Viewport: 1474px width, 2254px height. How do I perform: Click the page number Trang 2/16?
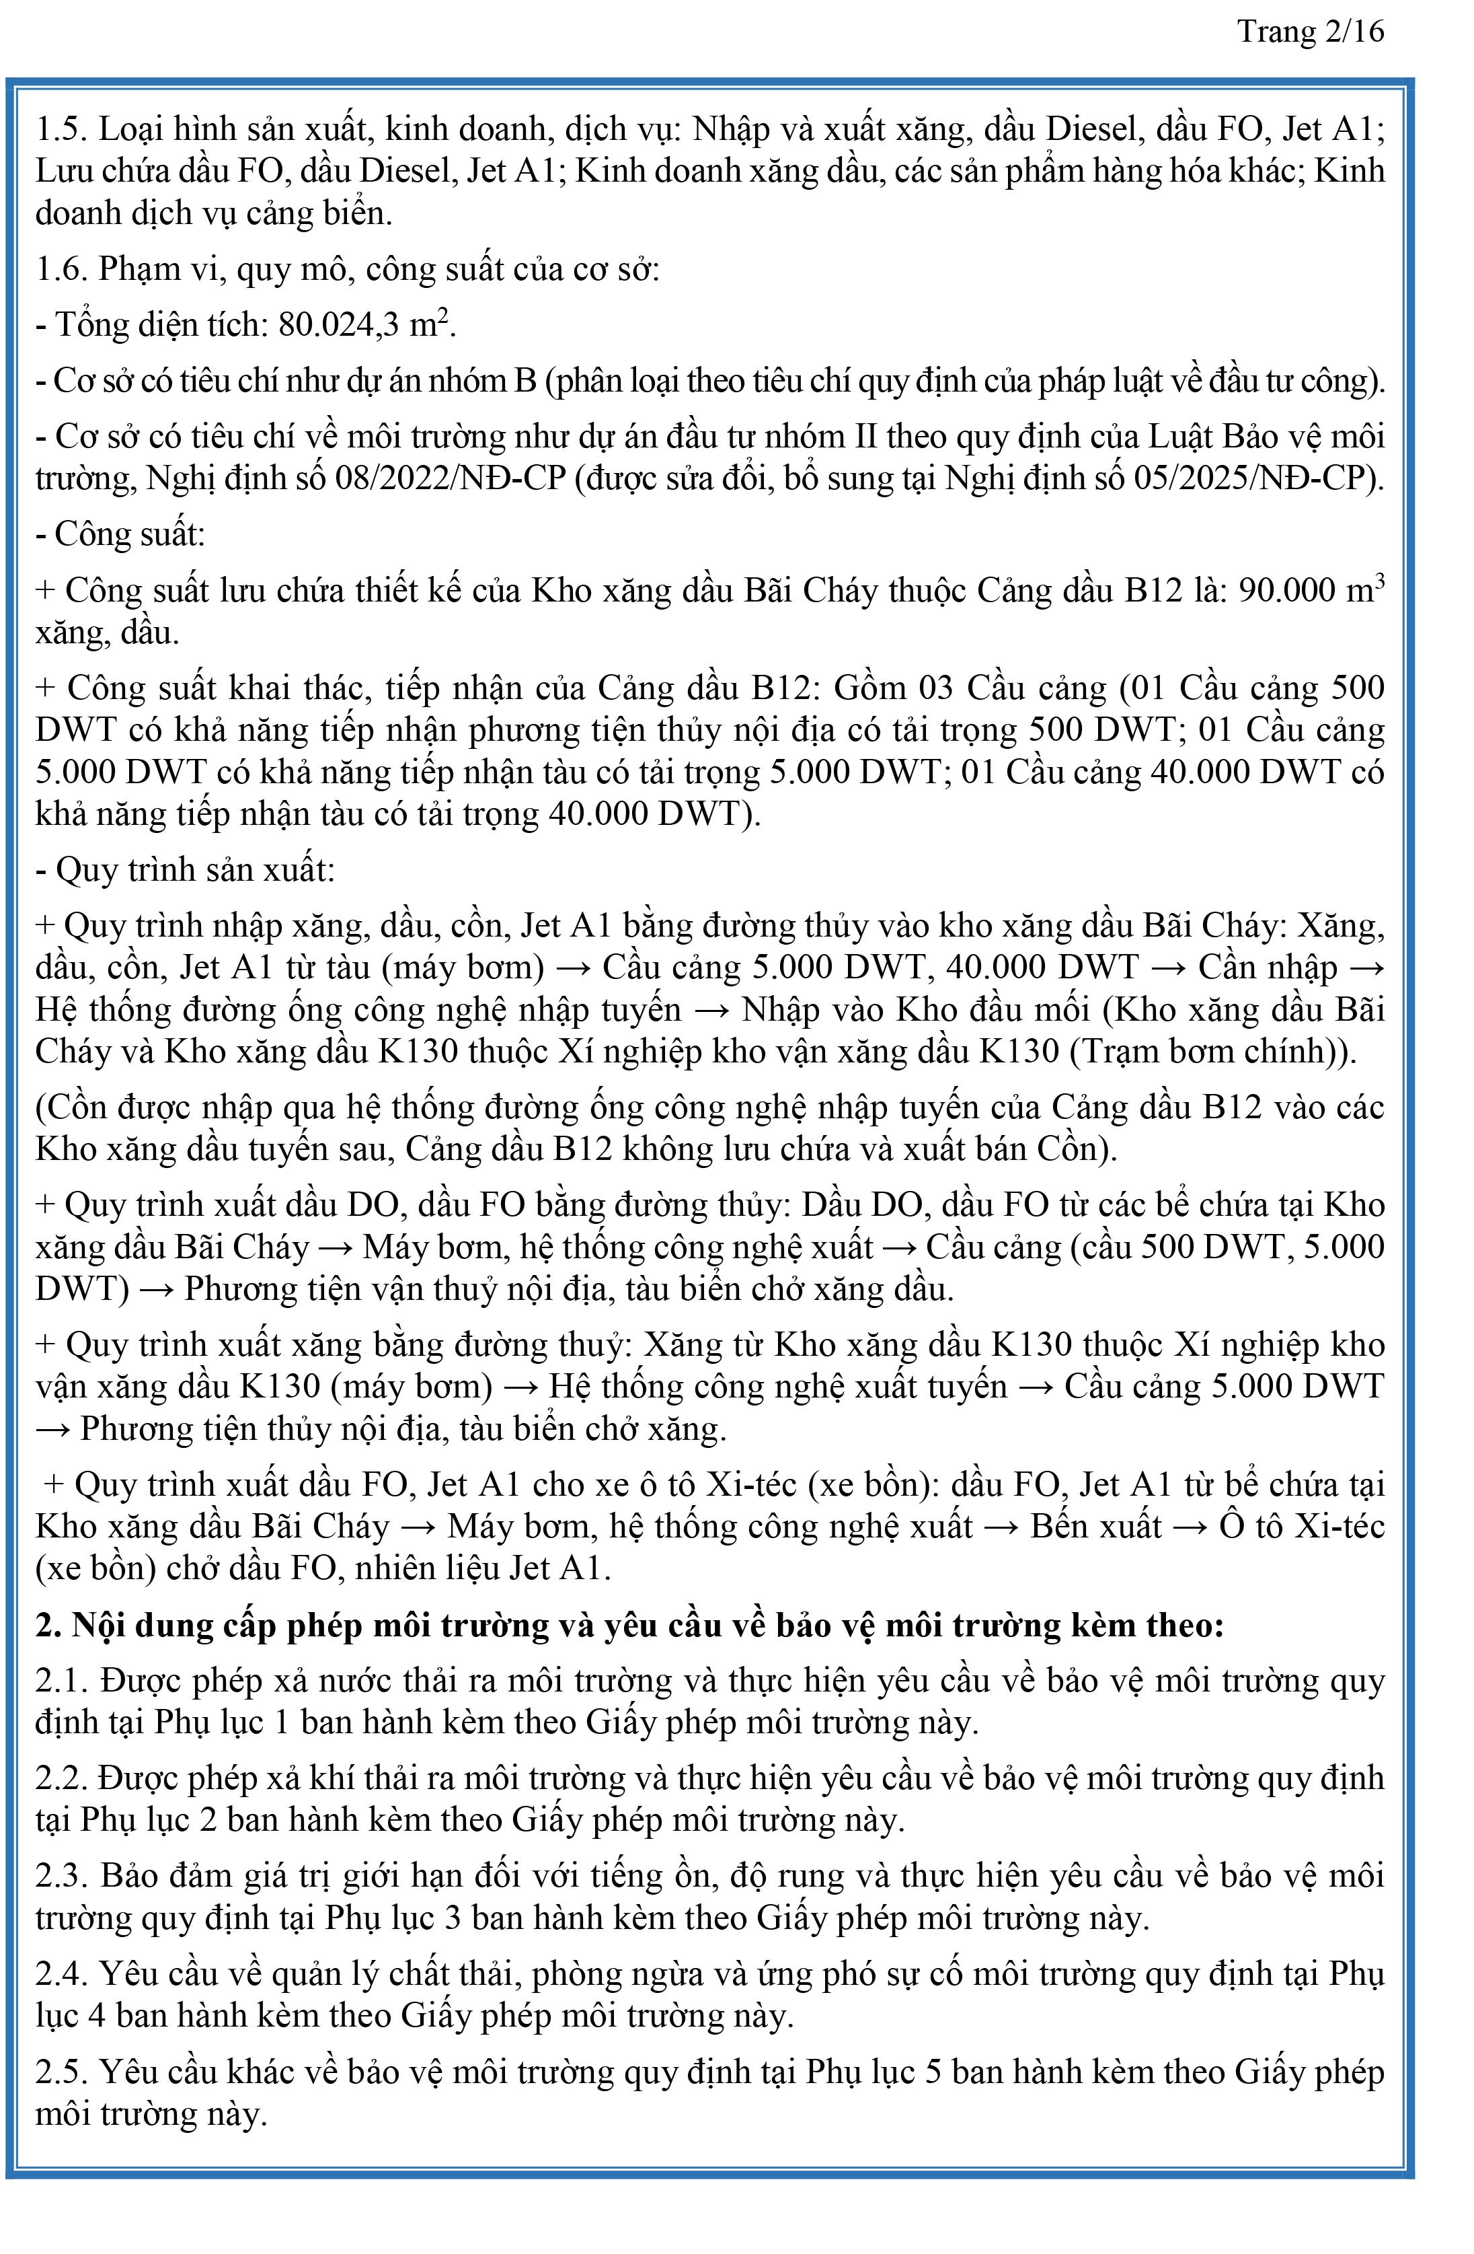(1310, 32)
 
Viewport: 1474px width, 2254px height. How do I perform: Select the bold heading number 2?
(47, 1626)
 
